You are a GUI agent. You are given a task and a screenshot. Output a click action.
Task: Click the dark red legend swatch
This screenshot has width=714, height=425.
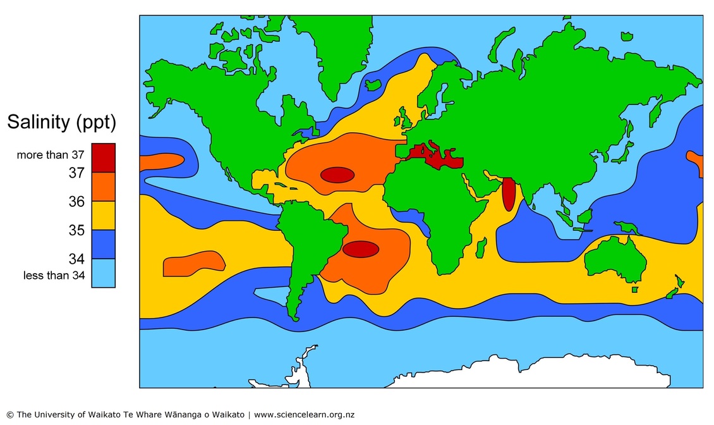[x=104, y=157]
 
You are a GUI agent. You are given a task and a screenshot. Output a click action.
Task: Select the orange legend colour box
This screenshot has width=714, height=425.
[x=104, y=186]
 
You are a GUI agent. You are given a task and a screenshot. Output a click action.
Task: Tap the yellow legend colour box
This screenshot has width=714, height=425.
[x=104, y=215]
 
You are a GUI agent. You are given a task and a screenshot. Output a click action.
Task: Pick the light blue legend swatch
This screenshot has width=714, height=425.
[x=104, y=273]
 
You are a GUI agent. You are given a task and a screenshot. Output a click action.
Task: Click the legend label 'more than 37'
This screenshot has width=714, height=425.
[x=50, y=155]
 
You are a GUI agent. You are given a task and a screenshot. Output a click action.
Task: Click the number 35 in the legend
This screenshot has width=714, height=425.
[x=76, y=230]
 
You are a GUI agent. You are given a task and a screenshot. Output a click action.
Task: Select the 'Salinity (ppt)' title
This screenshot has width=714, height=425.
[x=61, y=123]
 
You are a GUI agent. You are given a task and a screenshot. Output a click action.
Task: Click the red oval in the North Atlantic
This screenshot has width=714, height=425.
[x=337, y=175]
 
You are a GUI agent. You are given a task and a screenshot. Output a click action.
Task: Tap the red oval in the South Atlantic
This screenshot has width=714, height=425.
[x=361, y=249]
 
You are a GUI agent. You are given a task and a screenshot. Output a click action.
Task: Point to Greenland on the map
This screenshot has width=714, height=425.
[x=335, y=51]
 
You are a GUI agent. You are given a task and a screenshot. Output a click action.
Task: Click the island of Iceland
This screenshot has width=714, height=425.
[x=373, y=84]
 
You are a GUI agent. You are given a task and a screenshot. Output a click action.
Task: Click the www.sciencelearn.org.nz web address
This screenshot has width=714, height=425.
[x=304, y=415]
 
